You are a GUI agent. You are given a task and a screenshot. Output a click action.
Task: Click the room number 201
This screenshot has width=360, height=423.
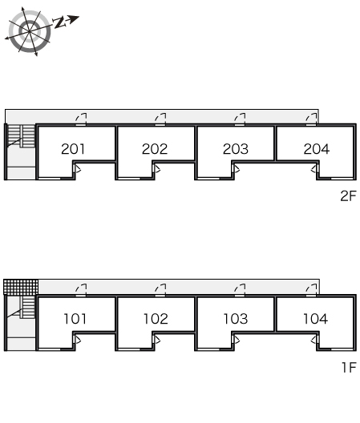pyautogui.click(x=73, y=149)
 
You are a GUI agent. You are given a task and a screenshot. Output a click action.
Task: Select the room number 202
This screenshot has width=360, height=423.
pyautogui.click(x=155, y=149)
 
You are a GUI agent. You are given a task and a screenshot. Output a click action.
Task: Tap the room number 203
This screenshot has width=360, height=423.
pyautogui.click(x=236, y=149)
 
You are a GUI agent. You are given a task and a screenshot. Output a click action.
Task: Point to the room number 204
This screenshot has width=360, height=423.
pyautogui.click(x=317, y=149)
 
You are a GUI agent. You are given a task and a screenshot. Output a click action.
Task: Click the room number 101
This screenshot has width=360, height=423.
pyautogui.click(x=75, y=319)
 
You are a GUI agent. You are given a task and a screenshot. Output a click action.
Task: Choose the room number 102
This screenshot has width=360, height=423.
pyautogui.click(x=156, y=319)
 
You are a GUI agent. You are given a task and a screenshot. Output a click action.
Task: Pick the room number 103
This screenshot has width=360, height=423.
pyautogui.click(x=236, y=319)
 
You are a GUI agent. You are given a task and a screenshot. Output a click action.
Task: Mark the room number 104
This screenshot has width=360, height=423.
pyautogui.click(x=315, y=319)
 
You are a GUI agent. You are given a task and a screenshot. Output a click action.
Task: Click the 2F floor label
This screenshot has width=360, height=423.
pyautogui.click(x=349, y=195)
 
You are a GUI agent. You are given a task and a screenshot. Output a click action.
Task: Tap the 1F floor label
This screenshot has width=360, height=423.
pyautogui.click(x=350, y=368)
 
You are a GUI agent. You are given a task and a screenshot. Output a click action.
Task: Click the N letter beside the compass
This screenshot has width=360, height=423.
pyautogui.click(x=59, y=22)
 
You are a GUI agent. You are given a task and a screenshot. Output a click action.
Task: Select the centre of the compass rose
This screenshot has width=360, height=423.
pyautogui.click(x=29, y=31)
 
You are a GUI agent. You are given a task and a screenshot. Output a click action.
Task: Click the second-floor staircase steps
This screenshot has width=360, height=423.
pyautogui.click(x=21, y=136)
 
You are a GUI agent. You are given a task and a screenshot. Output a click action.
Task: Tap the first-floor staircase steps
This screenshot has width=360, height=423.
pyautogui.click(x=28, y=308)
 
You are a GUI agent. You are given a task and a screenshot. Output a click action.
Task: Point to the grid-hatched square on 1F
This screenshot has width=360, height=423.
pyautogui.click(x=21, y=287)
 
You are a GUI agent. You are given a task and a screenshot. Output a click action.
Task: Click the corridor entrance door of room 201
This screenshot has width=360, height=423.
pyautogui.click(x=81, y=119)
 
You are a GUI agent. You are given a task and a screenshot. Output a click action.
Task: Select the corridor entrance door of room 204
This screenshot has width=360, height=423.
pyautogui.click(x=311, y=119)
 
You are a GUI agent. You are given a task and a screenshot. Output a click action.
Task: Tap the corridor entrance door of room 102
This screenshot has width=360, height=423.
pyautogui.click(x=160, y=290)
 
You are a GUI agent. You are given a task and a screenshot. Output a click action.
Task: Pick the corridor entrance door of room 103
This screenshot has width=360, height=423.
pyautogui.click(x=240, y=290)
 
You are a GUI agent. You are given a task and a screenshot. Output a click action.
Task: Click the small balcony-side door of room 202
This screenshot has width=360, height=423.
pyautogui.click(x=156, y=169)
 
